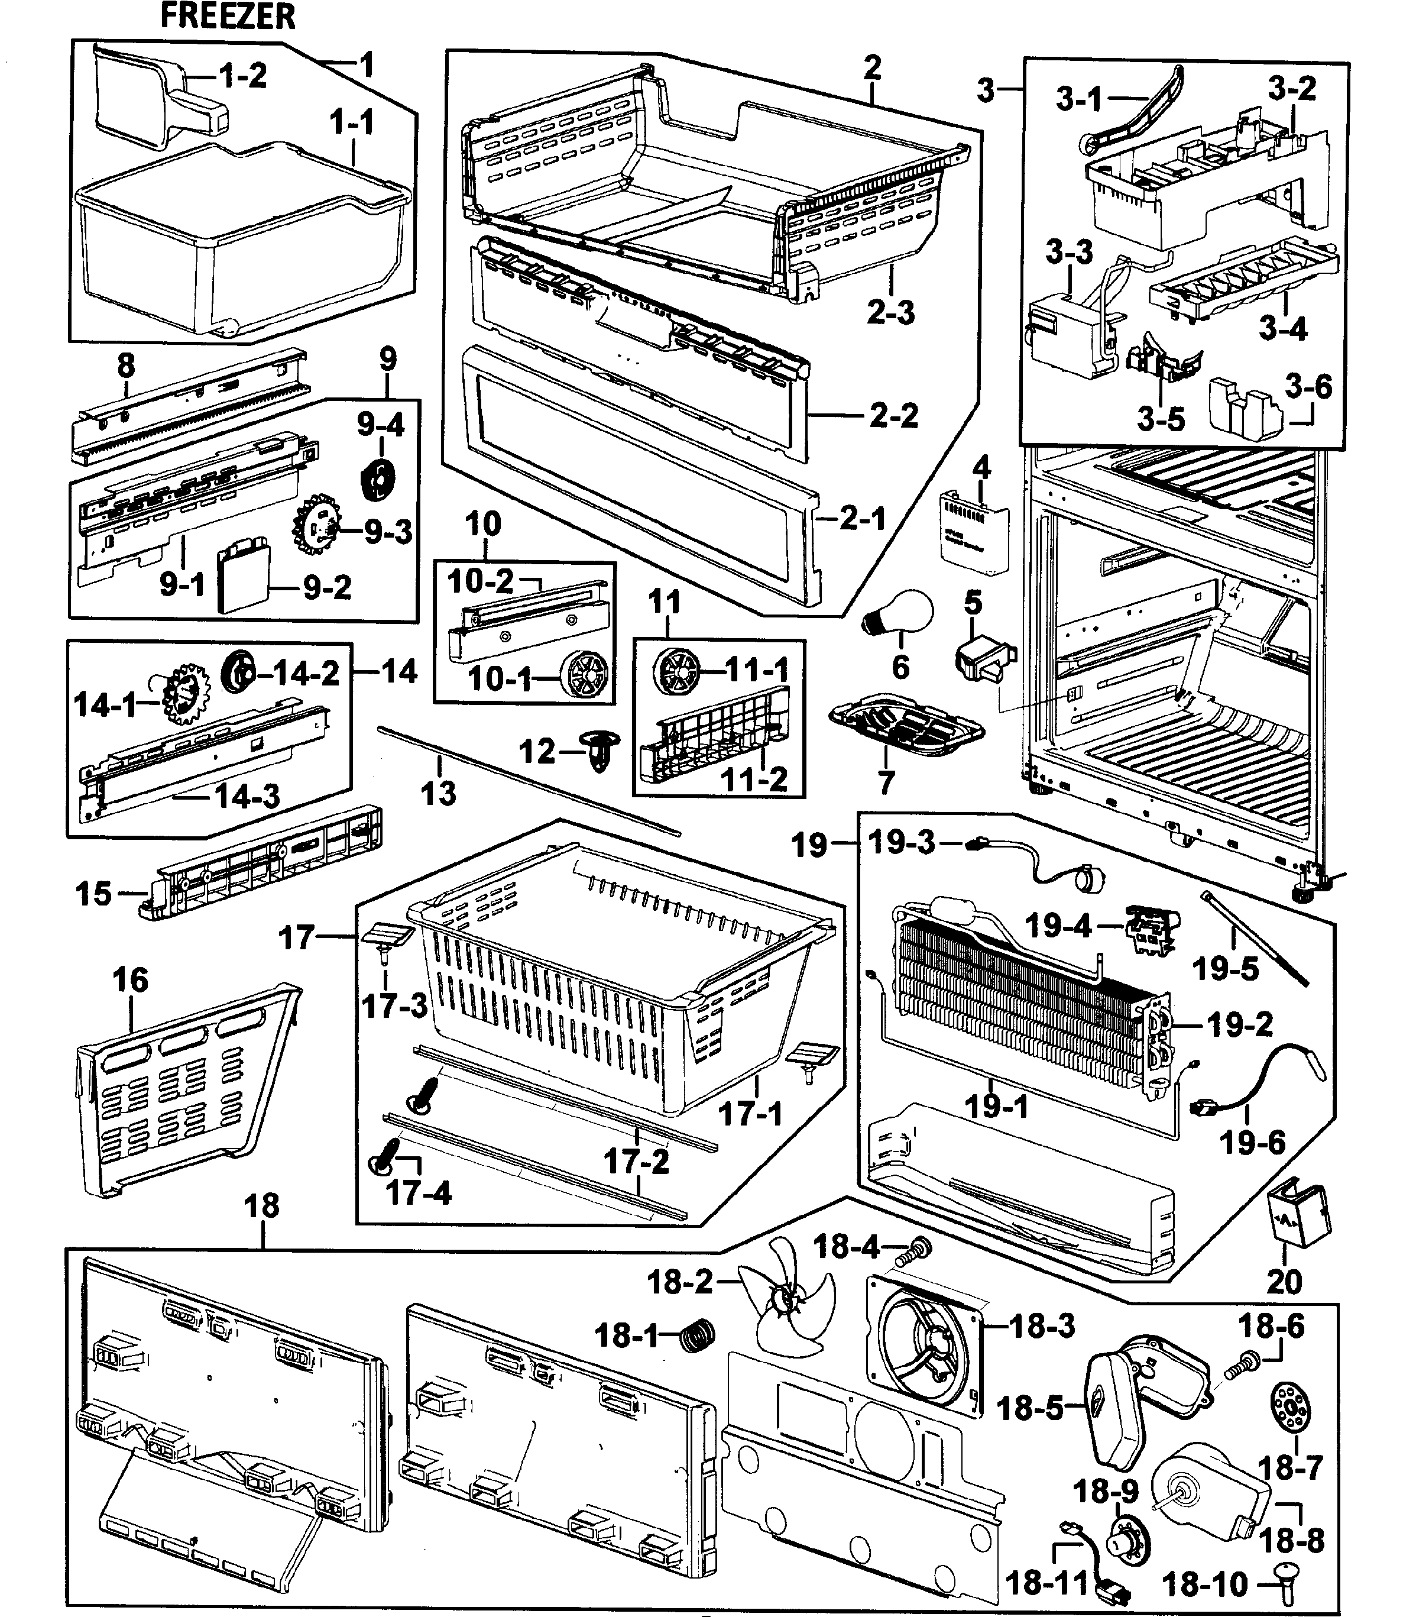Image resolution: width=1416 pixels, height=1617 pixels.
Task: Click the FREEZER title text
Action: pyautogui.click(x=228, y=16)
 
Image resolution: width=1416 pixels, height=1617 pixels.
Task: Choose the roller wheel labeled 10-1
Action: pyautogui.click(x=585, y=675)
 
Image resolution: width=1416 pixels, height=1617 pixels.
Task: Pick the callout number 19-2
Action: pyautogui.click(x=1240, y=1025)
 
